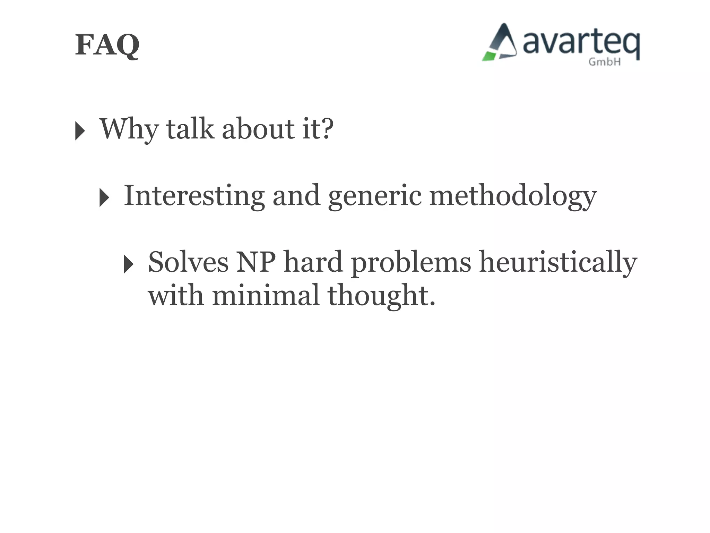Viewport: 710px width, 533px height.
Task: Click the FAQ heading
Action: click(107, 45)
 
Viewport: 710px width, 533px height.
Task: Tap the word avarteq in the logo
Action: click(581, 43)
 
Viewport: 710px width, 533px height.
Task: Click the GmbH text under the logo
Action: click(604, 62)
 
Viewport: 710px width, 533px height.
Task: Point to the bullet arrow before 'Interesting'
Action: click(104, 198)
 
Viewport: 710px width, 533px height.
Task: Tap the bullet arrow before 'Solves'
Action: click(128, 264)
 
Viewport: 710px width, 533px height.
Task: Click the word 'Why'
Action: click(129, 129)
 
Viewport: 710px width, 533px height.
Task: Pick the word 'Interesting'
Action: click(194, 196)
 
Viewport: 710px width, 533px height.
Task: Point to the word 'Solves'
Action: click(188, 262)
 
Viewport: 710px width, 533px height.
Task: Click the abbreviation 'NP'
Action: click(256, 262)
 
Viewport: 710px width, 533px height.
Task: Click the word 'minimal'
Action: click(265, 295)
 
